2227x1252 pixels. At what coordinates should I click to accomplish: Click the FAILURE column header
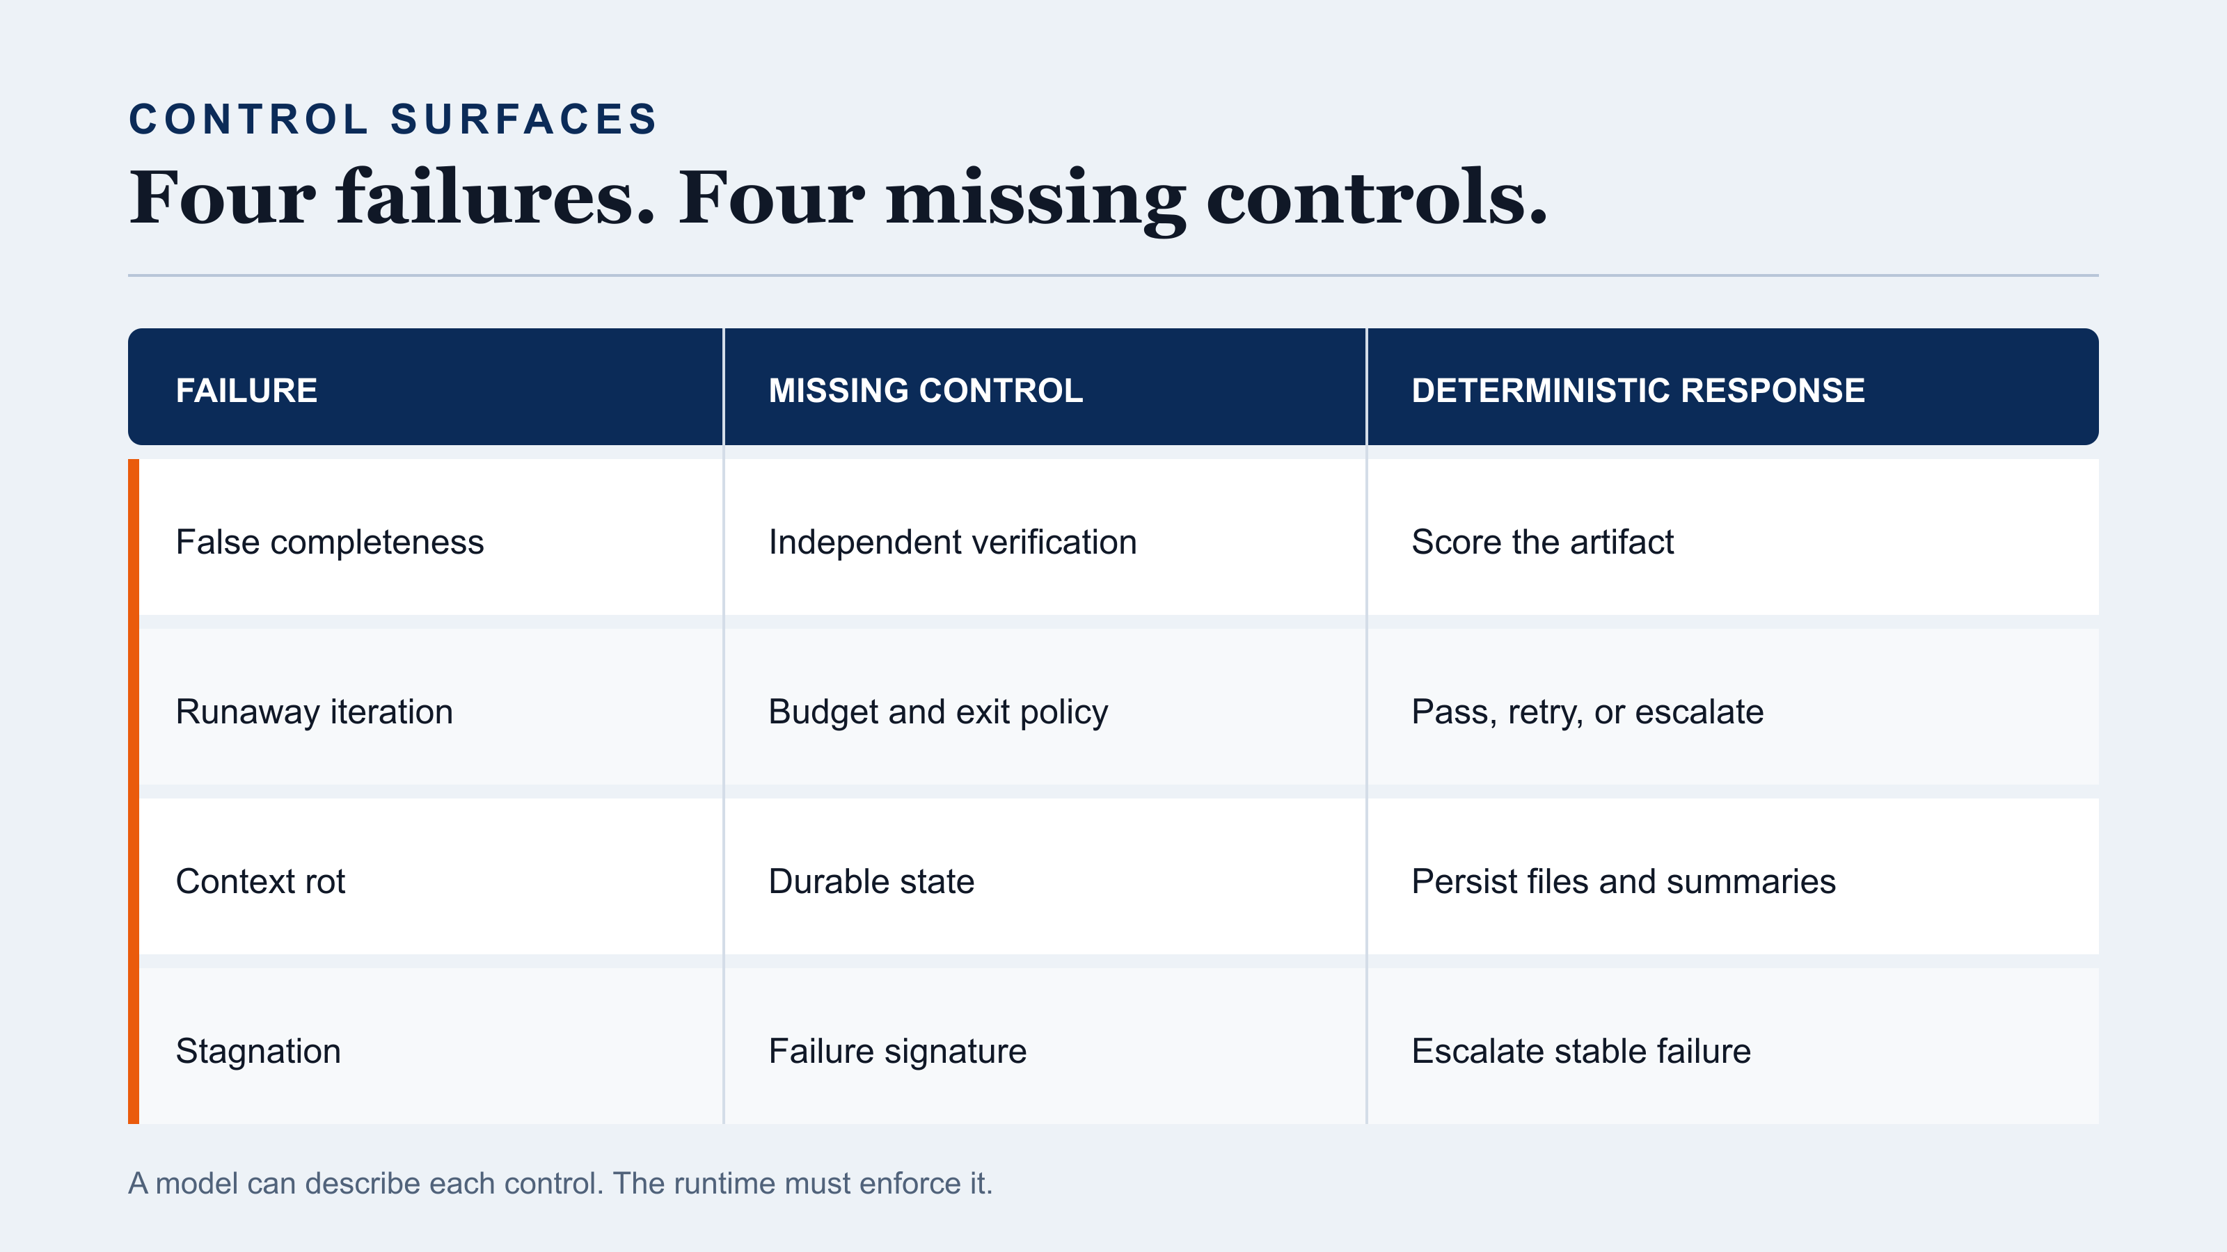pos(246,390)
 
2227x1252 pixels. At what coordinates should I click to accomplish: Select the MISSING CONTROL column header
pos(925,390)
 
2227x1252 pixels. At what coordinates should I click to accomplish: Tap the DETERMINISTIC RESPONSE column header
pos(1638,390)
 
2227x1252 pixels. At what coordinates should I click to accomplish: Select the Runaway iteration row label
pos(314,713)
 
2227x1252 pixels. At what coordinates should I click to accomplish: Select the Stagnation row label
pos(257,1052)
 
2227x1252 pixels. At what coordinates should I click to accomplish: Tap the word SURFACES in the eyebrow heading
pos(524,119)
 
